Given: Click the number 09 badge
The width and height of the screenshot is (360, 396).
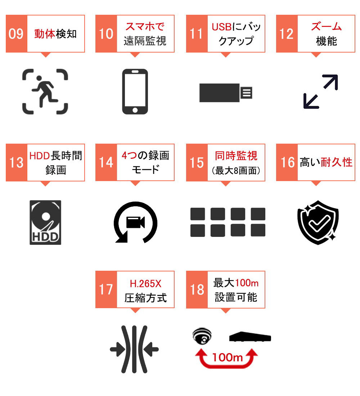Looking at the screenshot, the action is coord(17,33).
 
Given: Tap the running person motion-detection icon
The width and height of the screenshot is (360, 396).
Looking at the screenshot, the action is coord(45,91).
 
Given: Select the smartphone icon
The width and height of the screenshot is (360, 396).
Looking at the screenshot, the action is coord(135,91).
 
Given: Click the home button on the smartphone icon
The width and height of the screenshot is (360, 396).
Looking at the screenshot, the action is coord(135,110).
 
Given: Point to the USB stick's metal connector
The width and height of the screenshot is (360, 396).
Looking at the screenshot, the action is coord(246,93).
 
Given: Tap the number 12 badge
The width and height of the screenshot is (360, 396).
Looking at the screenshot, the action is coord(287,33).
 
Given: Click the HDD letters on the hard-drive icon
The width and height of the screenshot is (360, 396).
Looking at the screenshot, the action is coord(45,237).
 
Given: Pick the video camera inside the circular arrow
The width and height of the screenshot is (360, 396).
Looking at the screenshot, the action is coord(135,222).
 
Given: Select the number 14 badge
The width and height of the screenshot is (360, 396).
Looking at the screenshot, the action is coord(106,162).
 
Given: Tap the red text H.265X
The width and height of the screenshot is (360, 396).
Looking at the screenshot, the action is coord(145,284).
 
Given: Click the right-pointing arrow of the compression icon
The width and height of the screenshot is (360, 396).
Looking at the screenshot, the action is coord(117,350).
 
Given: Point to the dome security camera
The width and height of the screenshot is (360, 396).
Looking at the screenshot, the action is coord(202,336).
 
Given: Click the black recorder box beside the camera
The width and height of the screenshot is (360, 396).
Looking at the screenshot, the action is coord(250,337).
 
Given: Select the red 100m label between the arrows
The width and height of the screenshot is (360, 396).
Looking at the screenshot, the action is coord(228,357).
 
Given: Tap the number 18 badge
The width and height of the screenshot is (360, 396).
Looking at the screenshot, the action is coord(197,289).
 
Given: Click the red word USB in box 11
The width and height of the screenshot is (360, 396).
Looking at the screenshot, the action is coord(222,27).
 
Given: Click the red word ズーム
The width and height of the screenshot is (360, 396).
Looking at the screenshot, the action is coord(327,27).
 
